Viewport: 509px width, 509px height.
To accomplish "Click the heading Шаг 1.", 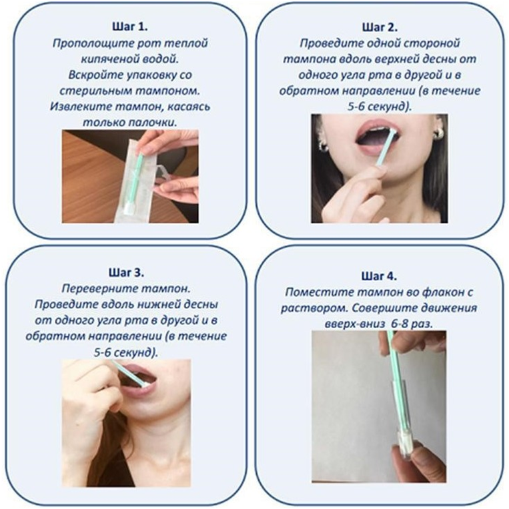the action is [x=130, y=27].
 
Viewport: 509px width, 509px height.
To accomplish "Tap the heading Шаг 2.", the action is [x=380, y=27].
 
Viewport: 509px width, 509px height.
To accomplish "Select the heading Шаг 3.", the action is [x=126, y=273].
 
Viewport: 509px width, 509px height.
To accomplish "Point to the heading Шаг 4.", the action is [x=379, y=276].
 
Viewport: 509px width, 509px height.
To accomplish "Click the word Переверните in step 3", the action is [x=97, y=289].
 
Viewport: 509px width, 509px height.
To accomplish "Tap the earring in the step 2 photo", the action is [x=438, y=133].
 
